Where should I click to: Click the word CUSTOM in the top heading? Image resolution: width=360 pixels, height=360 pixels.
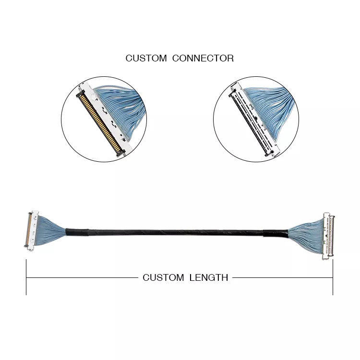[x=146, y=58]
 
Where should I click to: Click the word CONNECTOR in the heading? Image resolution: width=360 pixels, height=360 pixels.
[x=203, y=58]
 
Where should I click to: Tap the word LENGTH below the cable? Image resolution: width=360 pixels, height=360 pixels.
[x=209, y=277]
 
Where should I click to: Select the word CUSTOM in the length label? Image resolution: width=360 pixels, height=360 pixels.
[x=163, y=277]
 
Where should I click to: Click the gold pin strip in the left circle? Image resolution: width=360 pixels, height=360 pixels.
[x=100, y=123]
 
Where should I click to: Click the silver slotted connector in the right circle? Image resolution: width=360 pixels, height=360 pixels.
[x=254, y=120]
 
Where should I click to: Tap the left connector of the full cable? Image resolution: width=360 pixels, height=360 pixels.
[x=32, y=230]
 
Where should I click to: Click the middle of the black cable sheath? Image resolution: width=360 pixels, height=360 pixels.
[x=176, y=233]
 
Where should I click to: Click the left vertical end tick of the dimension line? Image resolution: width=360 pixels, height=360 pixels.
[x=26, y=277]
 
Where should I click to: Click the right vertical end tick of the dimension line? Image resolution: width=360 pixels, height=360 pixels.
[x=333, y=277]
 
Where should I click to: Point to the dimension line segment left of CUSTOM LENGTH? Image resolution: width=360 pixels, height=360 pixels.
[x=82, y=277]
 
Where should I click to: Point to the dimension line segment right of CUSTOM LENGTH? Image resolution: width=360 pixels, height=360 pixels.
[x=283, y=277]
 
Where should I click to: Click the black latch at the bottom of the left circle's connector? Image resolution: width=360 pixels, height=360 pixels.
[x=121, y=153]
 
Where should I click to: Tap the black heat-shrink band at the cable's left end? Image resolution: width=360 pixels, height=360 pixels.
[x=77, y=232]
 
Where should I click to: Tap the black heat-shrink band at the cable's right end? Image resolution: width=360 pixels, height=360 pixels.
[x=276, y=234]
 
